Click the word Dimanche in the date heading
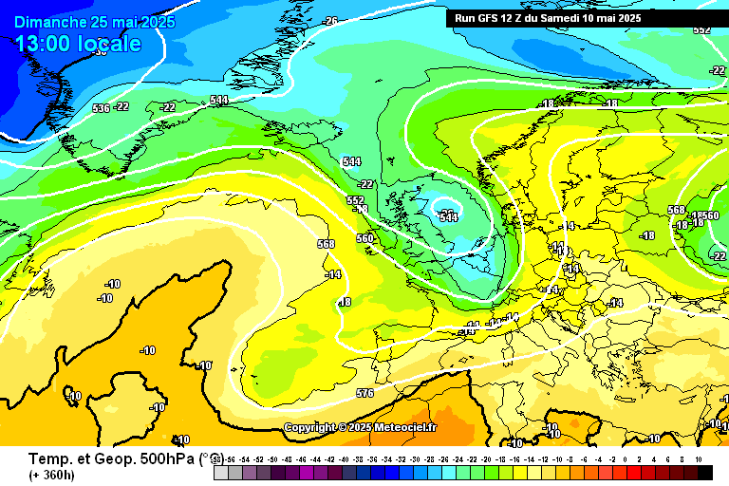pos(47,22)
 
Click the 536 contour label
pos(102,108)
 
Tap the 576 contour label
pos(364,392)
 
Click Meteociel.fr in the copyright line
pos(406,428)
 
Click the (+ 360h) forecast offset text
pos(52,475)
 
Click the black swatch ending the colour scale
pos(704,472)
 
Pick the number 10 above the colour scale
pos(699,458)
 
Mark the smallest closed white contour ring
pos(445,209)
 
